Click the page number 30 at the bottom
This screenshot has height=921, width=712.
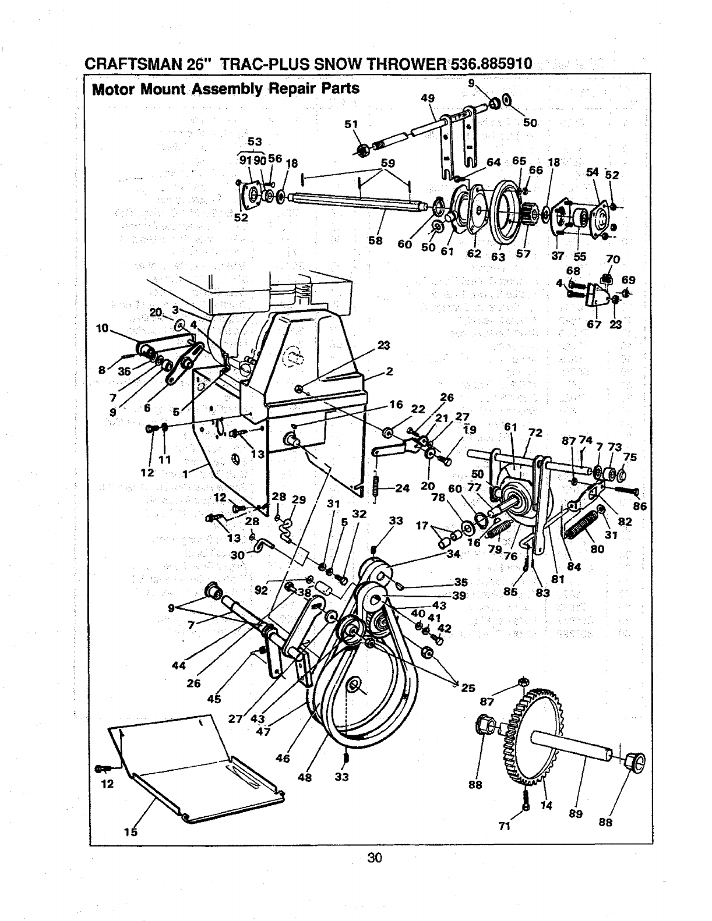(374, 857)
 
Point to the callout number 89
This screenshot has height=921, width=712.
(576, 814)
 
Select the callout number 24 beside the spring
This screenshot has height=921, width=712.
(402, 488)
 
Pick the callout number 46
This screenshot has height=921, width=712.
(283, 759)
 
